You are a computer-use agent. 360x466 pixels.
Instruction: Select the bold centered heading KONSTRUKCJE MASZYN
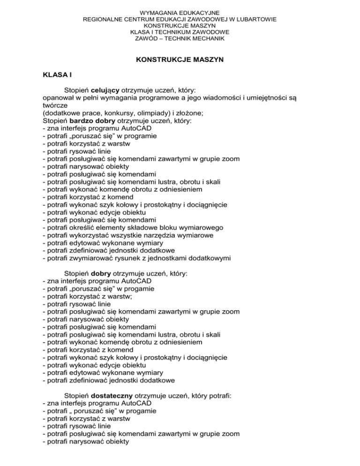pos(180,60)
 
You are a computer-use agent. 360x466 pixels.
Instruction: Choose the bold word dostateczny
pos(115,396)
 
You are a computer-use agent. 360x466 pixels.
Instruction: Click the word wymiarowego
pos(201,227)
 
